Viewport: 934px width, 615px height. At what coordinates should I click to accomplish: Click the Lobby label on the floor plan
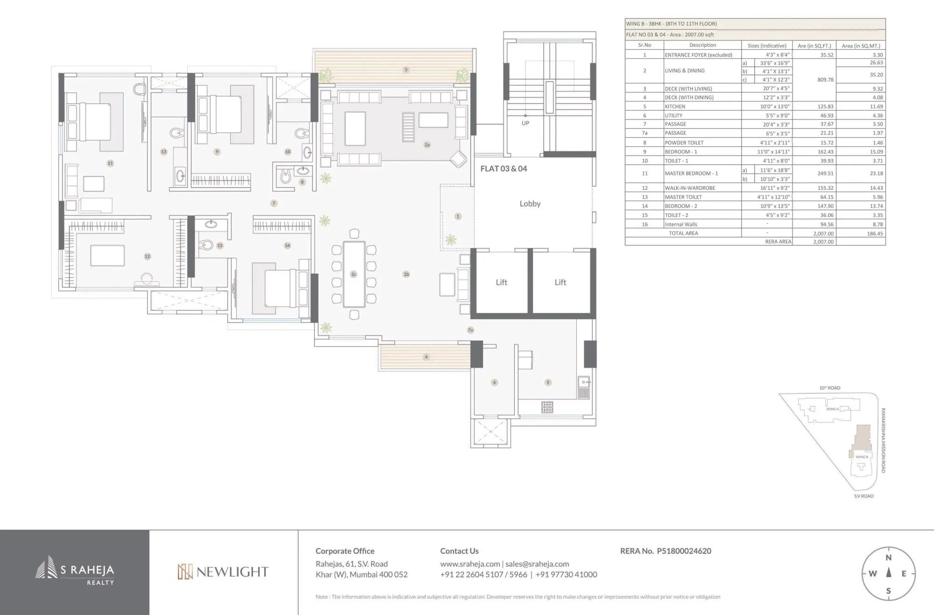pos(530,204)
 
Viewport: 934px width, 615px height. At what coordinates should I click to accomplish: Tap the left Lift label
pos(501,282)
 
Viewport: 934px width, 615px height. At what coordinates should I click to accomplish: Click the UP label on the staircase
pos(525,123)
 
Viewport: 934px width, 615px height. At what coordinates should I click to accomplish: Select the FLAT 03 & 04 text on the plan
pos(503,169)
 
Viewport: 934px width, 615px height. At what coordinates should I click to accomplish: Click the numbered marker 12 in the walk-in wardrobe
pos(148,257)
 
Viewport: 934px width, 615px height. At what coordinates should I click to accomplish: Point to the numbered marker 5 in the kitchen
pos(548,382)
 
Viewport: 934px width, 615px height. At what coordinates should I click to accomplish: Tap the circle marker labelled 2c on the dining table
pos(354,274)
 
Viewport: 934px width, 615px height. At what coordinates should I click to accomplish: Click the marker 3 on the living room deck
pos(406,70)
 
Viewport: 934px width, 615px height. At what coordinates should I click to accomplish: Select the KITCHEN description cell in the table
pos(675,107)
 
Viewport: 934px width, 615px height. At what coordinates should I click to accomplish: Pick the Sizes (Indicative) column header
pos(767,46)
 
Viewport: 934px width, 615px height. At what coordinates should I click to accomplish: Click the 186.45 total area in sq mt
pos(875,234)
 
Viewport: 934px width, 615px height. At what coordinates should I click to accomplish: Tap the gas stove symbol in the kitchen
pos(547,407)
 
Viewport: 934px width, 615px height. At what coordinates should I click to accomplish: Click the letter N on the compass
pos(889,558)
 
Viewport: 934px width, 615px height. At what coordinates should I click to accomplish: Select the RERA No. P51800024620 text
pos(665,551)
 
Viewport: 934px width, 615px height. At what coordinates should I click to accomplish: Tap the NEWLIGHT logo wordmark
pos(223,572)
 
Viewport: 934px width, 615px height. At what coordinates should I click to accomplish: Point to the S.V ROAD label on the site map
pos(863,496)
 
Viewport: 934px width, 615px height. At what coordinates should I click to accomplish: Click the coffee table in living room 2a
pos(355,129)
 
